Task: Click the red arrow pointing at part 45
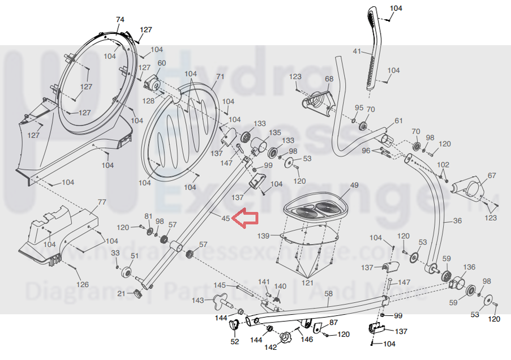point(246,220)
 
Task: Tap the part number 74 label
point(120,20)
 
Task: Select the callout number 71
point(220,77)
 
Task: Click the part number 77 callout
point(102,202)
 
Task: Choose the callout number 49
point(354,186)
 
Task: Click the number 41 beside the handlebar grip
point(357,52)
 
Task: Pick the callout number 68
point(329,79)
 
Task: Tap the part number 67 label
point(491,175)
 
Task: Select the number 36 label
point(458,220)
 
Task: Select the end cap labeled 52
point(234,325)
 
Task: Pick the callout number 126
point(83,284)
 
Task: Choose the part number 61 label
point(398,121)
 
